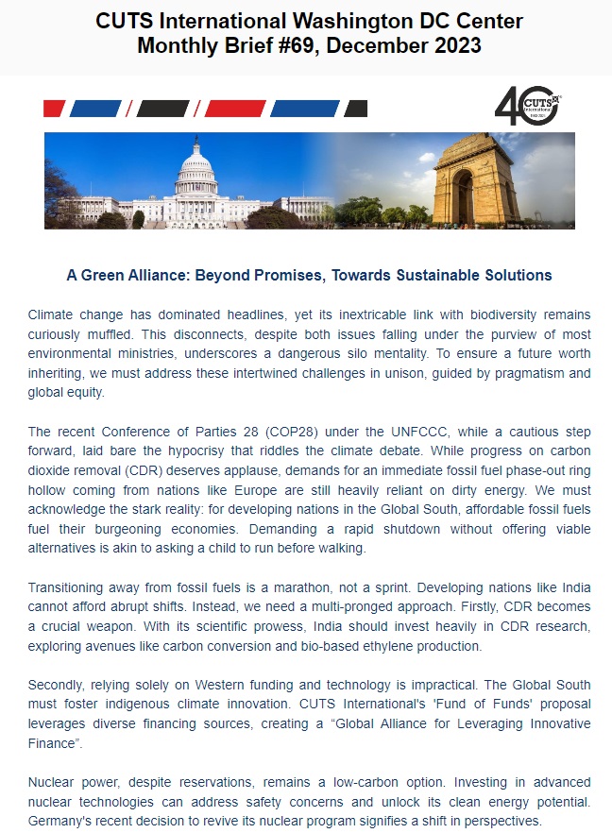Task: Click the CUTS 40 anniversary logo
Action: [x=528, y=105]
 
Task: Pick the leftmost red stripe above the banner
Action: [x=54, y=109]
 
